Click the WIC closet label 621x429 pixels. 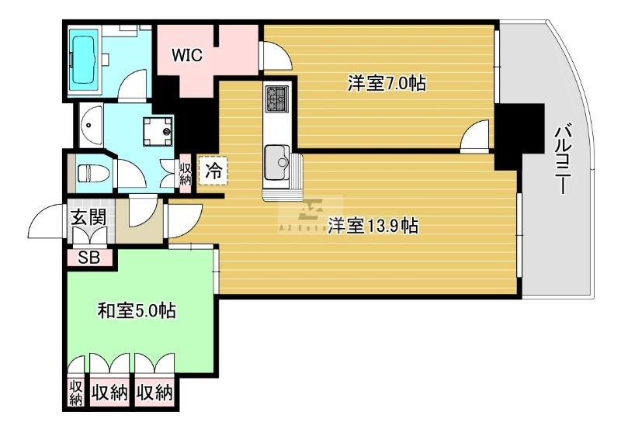coord(187,56)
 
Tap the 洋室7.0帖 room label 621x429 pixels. coord(386,83)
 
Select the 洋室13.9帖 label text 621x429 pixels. coord(373,226)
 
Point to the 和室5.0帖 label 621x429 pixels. coord(136,312)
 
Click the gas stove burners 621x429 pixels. coord(276,99)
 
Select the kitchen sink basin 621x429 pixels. coord(277,161)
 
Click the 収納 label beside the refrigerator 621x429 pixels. coord(186,172)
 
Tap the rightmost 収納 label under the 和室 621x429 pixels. coord(154,393)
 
